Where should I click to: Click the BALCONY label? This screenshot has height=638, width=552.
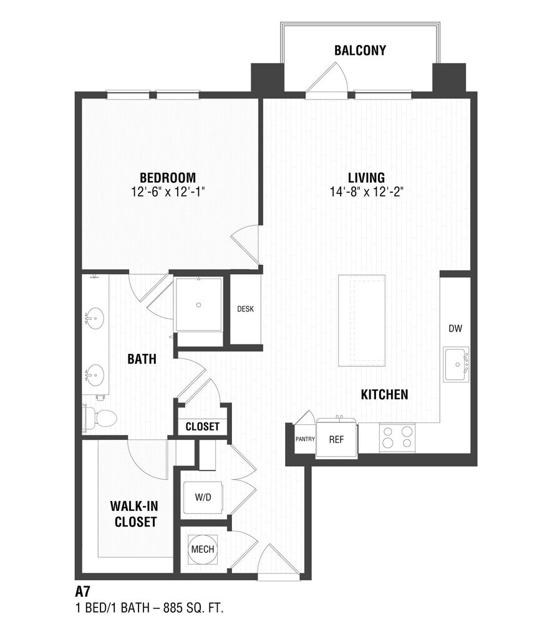360,50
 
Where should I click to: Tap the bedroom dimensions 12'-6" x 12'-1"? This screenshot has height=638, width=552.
167,192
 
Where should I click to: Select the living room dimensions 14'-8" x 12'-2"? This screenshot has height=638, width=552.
366,192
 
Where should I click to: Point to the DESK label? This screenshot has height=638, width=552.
245,309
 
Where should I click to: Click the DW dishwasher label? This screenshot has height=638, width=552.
455,328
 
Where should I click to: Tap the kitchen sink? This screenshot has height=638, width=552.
457,364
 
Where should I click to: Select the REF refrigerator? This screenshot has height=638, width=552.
336,438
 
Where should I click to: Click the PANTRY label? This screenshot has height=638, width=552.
305,439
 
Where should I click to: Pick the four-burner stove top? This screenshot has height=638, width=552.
397,438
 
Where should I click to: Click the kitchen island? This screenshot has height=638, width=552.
362,321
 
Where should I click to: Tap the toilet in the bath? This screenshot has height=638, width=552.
100,417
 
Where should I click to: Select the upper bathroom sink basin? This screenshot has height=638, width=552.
95,318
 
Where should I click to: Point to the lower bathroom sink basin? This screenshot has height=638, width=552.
95,375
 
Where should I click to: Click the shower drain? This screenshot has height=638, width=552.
198,305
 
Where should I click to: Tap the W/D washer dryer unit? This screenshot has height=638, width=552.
203,497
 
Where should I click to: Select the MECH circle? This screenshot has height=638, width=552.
203,549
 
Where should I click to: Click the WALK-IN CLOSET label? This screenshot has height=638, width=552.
135,514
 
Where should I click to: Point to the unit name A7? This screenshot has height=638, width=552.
82,591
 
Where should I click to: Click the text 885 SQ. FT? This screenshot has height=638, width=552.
193,608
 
